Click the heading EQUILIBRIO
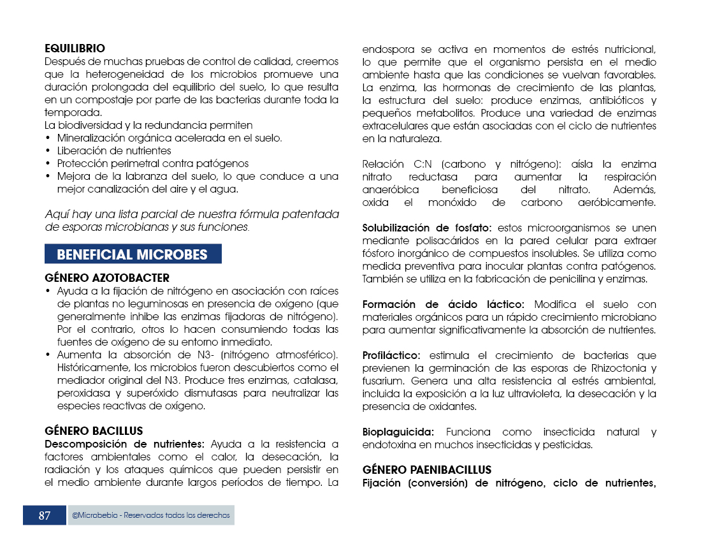(x=75, y=48)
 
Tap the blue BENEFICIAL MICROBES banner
(x=133, y=254)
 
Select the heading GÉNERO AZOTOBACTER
(x=107, y=278)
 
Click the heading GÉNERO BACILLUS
(x=94, y=431)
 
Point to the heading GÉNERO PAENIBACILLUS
(x=418, y=470)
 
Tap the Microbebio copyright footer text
(x=151, y=515)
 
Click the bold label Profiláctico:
(x=391, y=355)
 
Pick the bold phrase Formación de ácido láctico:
(x=444, y=304)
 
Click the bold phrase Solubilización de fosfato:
(x=427, y=228)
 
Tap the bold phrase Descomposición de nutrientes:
(x=124, y=444)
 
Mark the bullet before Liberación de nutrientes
(x=48, y=151)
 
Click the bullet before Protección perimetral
(x=48, y=164)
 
